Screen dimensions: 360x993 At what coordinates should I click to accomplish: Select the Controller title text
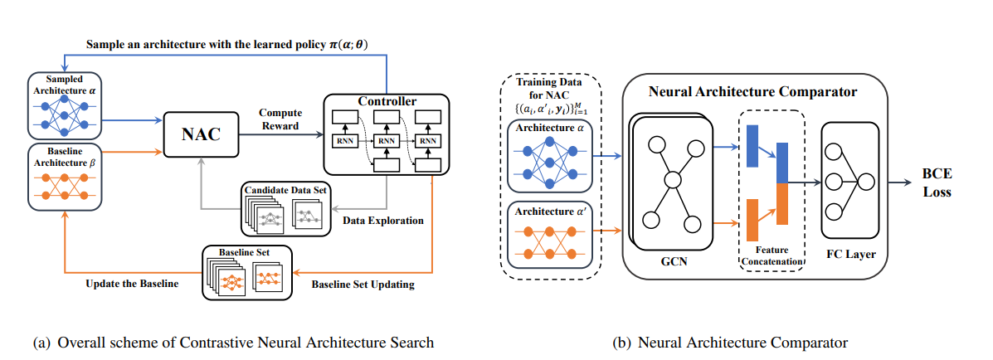pos(387,101)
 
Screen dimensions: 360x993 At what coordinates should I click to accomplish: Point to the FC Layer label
pos(846,255)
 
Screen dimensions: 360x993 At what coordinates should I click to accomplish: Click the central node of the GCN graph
pos(673,178)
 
